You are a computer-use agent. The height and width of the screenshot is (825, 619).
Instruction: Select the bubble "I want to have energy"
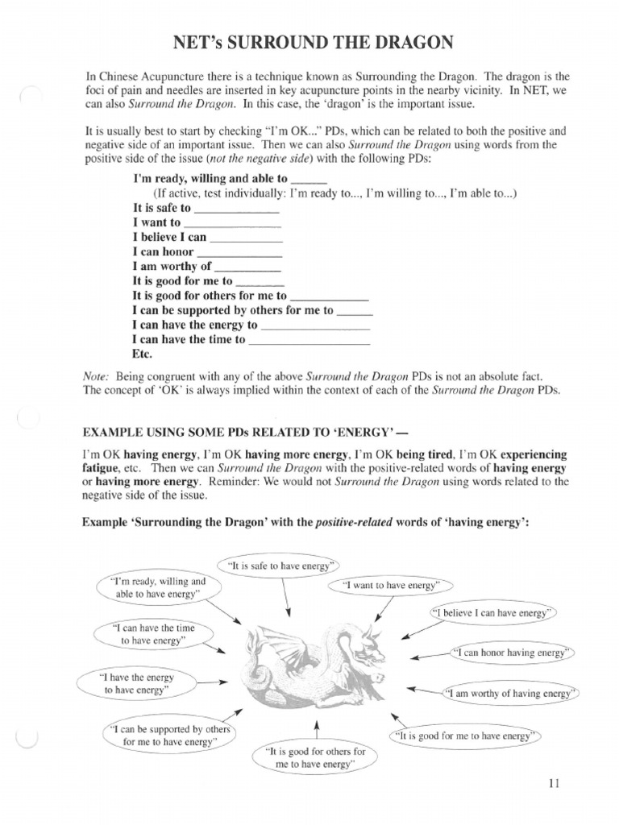pos(391,586)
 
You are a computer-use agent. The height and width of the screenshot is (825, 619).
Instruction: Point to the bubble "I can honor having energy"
pos(510,652)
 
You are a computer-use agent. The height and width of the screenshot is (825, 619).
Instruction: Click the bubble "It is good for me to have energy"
pos(467,736)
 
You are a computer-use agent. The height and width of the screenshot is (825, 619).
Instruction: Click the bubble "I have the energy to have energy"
pos(136,684)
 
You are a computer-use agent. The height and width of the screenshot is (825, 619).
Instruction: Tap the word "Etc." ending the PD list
pos(143,354)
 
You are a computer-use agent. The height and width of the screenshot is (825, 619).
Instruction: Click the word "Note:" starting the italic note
pos(98,376)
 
